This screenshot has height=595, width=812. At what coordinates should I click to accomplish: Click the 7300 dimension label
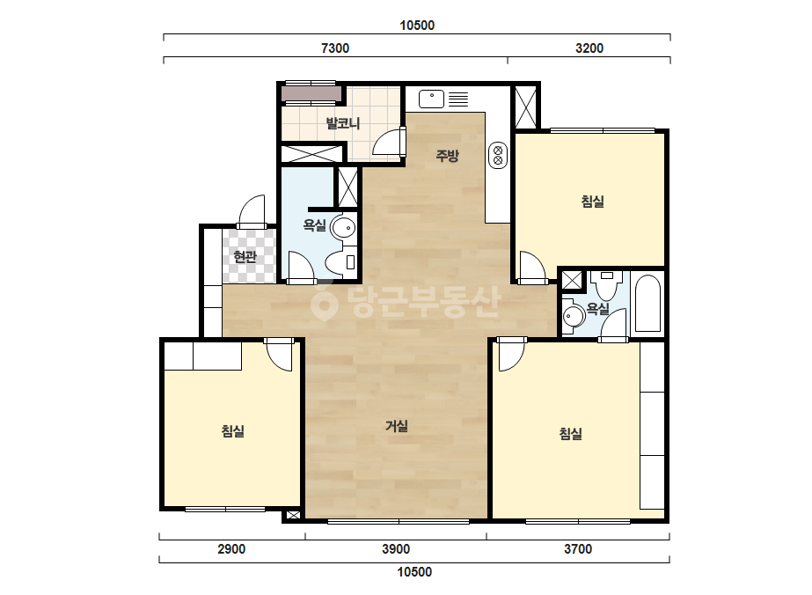click(x=335, y=48)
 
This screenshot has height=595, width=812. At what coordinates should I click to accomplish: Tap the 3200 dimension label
click(x=589, y=48)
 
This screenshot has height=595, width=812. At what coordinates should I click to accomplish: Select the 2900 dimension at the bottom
click(x=231, y=549)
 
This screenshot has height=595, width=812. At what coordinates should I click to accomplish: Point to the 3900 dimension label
click(x=396, y=549)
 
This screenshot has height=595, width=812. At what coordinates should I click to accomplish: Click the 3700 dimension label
click(x=578, y=549)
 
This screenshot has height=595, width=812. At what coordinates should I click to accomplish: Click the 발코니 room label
click(x=343, y=123)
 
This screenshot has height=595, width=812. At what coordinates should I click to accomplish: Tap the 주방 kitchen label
click(x=448, y=156)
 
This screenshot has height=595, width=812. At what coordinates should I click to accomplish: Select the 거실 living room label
click(x=397, y=426)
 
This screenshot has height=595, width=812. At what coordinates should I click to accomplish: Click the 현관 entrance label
click(x=245, y=256)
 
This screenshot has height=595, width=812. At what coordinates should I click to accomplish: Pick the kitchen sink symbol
click(x=431, y=99)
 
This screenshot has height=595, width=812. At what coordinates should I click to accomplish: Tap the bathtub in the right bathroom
click(x=647, y=303)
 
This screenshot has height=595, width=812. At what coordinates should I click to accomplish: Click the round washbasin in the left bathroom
click(x=343, y=227)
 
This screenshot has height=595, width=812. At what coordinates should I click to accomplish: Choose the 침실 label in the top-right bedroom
click(x=593, y=202)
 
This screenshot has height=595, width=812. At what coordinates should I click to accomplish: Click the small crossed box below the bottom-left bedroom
click(x=293, y=515)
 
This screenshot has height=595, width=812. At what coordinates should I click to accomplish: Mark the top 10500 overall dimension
click(x=417, y=26)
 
